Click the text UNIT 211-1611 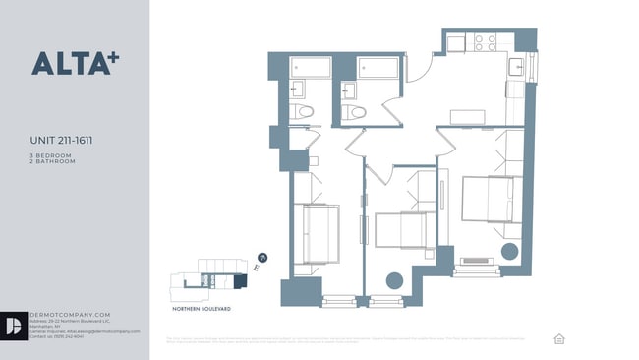pos(64,141)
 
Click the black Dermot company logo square pos(15,326)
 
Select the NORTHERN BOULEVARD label pos(202,308)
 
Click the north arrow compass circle pos(262,257)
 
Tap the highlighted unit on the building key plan pos(239,281)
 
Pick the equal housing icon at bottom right pos(559,338)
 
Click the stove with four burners pos(485,42)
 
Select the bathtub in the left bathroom pos(311,68)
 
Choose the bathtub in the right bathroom pos(378,68)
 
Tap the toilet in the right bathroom pos(354,112)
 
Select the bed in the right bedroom pos(488,201)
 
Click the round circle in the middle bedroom pos(394,280)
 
